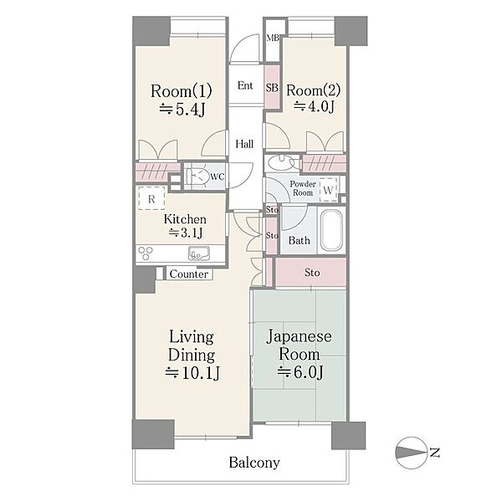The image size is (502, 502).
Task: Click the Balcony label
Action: (254, 463)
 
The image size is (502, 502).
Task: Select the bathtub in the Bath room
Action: (331, 230)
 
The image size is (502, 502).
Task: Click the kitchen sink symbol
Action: (199, 254)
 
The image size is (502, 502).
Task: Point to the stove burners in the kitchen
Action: (146, 254)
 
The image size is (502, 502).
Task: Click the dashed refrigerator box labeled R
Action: (151, 198)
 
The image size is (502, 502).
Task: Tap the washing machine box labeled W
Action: (329, 190)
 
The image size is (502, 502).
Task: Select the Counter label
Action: (189, 274)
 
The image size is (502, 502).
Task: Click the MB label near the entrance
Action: (273, 38)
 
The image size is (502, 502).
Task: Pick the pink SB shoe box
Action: (272, 87)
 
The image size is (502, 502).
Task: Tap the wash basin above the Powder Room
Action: (280, 162)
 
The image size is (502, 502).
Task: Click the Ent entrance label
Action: (245, 85)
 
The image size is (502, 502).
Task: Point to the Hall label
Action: (244, 144)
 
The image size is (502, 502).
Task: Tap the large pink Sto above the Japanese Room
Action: (311, 273)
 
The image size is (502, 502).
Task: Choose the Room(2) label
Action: (314, 90)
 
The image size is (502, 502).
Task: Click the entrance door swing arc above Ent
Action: (240, 43)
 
